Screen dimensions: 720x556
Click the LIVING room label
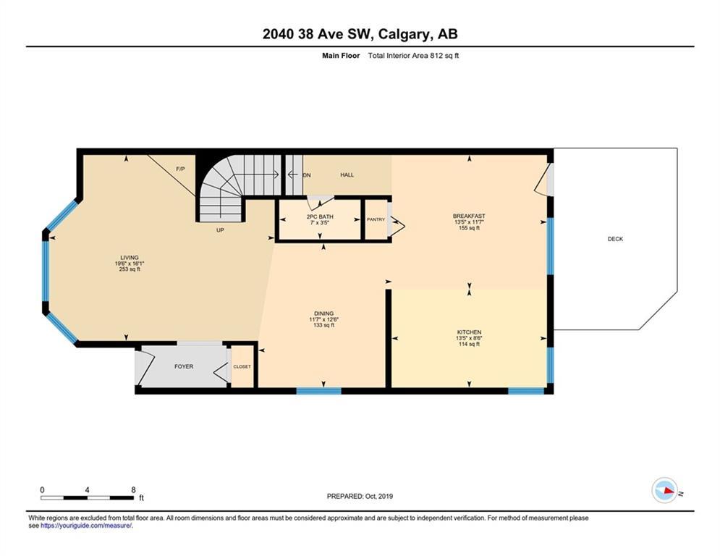[x=130, y=258]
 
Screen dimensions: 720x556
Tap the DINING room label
[x=323, y=314]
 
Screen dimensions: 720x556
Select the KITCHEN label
[x=469, y=332]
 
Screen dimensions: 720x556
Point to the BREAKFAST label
[x=469, y=216]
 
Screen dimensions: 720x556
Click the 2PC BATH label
[x=320, y=217]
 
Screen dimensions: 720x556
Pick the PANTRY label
[x=376, y=219]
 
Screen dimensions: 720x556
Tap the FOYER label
[x=184, y=366]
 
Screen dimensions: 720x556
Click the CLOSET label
[x=242, y=366]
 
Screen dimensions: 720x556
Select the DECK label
[x=615, y=239]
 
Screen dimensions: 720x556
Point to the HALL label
[x=347, y=175]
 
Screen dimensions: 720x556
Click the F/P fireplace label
[x=180, y=169]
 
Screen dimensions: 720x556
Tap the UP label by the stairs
[x=220, y=230]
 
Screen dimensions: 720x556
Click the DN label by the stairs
[x=308, y=175]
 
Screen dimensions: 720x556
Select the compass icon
[x=665, y=490]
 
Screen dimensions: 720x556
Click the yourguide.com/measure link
[x=86, y=526]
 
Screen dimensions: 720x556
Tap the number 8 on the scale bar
[x=134, y=490]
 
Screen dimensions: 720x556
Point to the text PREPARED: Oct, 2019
[x=360, y=496]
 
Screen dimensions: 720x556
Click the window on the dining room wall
[x=318, y=391]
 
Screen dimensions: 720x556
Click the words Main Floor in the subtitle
[x=341, y=56]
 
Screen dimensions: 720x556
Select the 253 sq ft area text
[x=130, y=269]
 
